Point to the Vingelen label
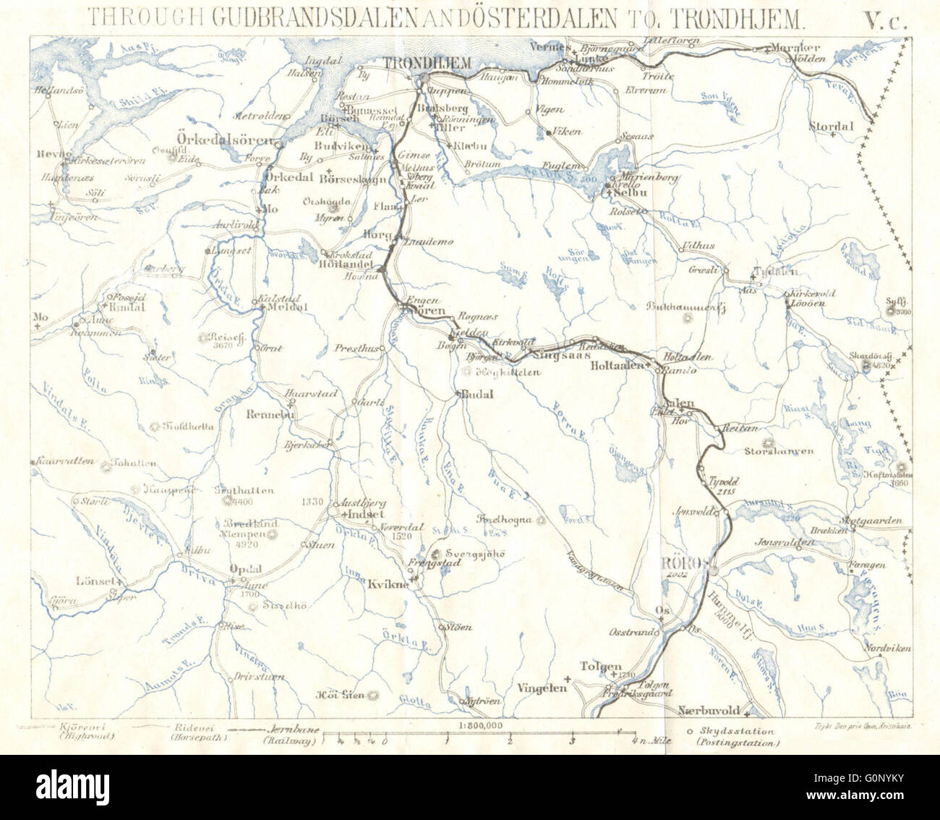pos(542,688)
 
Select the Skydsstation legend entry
pos(736,737)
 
